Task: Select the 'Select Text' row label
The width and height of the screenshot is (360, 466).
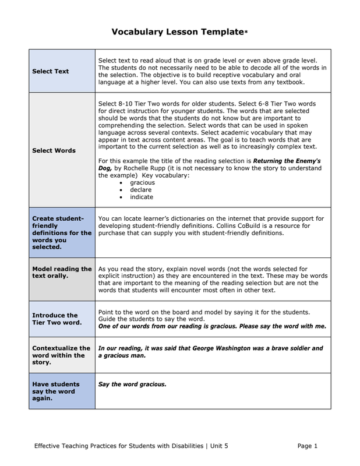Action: [51, 72]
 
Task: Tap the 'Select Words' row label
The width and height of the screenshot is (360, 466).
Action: [54, 150]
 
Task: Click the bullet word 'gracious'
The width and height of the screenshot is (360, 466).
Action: [142, 182]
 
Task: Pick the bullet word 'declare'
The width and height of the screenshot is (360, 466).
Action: [140, 189]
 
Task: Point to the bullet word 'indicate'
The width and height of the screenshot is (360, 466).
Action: [142, 197]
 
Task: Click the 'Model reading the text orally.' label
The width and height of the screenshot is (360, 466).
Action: [62, 272]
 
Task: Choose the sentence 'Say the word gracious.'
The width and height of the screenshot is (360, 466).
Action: [132, 384]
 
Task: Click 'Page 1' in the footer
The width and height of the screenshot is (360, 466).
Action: [307, 446]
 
